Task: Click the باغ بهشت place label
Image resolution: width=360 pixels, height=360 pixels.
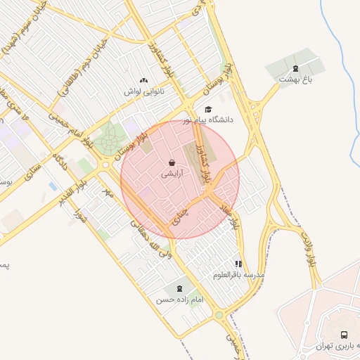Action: coord(295,79)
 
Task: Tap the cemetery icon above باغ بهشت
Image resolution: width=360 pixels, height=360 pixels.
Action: coord(295,69)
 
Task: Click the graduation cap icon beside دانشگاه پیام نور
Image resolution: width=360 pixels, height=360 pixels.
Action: coord(207,109)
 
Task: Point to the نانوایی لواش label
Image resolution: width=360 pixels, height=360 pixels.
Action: coord(144,91)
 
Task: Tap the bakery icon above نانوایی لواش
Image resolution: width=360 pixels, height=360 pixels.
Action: coord(144,81)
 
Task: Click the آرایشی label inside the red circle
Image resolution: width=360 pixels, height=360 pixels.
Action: coord(172,173)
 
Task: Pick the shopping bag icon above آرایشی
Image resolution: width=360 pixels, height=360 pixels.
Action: coord(172,162)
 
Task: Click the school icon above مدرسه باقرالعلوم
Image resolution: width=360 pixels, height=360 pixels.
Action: coord(240,263)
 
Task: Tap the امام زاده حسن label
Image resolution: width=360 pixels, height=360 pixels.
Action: coord(179,300)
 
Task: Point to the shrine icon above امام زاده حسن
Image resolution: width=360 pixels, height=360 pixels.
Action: coord(179,288)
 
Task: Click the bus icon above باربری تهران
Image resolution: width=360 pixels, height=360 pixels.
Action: coord(344,335)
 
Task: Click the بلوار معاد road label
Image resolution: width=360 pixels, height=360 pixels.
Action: coord(238,214)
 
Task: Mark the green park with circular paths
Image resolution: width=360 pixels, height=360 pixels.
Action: coord(109,139)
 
